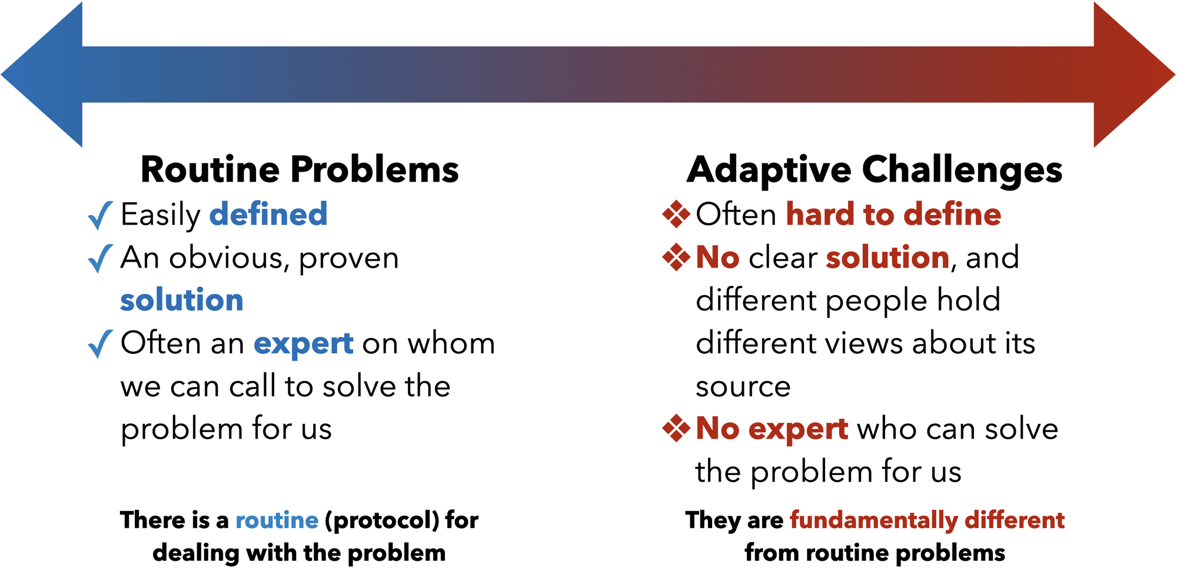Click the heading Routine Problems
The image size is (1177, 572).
coord(300,170)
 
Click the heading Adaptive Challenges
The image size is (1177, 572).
coord(875,170)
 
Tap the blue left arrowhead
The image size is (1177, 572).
coord(41,75)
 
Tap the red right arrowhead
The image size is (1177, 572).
coord(1135,75)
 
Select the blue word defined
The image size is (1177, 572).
coord(268,213)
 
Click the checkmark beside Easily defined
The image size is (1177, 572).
coord(100,215)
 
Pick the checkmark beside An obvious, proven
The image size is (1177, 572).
coord(100,259)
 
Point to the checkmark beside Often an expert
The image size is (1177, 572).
coord(100,344)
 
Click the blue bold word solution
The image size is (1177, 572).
coord(182,300)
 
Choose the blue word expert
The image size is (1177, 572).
coord(304,344)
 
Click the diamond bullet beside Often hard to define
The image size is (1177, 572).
coord(676,214)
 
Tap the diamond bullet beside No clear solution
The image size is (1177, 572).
coord(676,257)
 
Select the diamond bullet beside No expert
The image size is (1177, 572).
coord(676,428)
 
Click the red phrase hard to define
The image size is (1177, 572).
coord(894,213)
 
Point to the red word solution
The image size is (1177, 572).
coord(888,257)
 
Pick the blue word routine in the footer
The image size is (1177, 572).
coord(277,520)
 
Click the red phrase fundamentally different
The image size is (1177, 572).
coord(927,521)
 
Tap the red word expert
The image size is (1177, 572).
coord(798,429)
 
